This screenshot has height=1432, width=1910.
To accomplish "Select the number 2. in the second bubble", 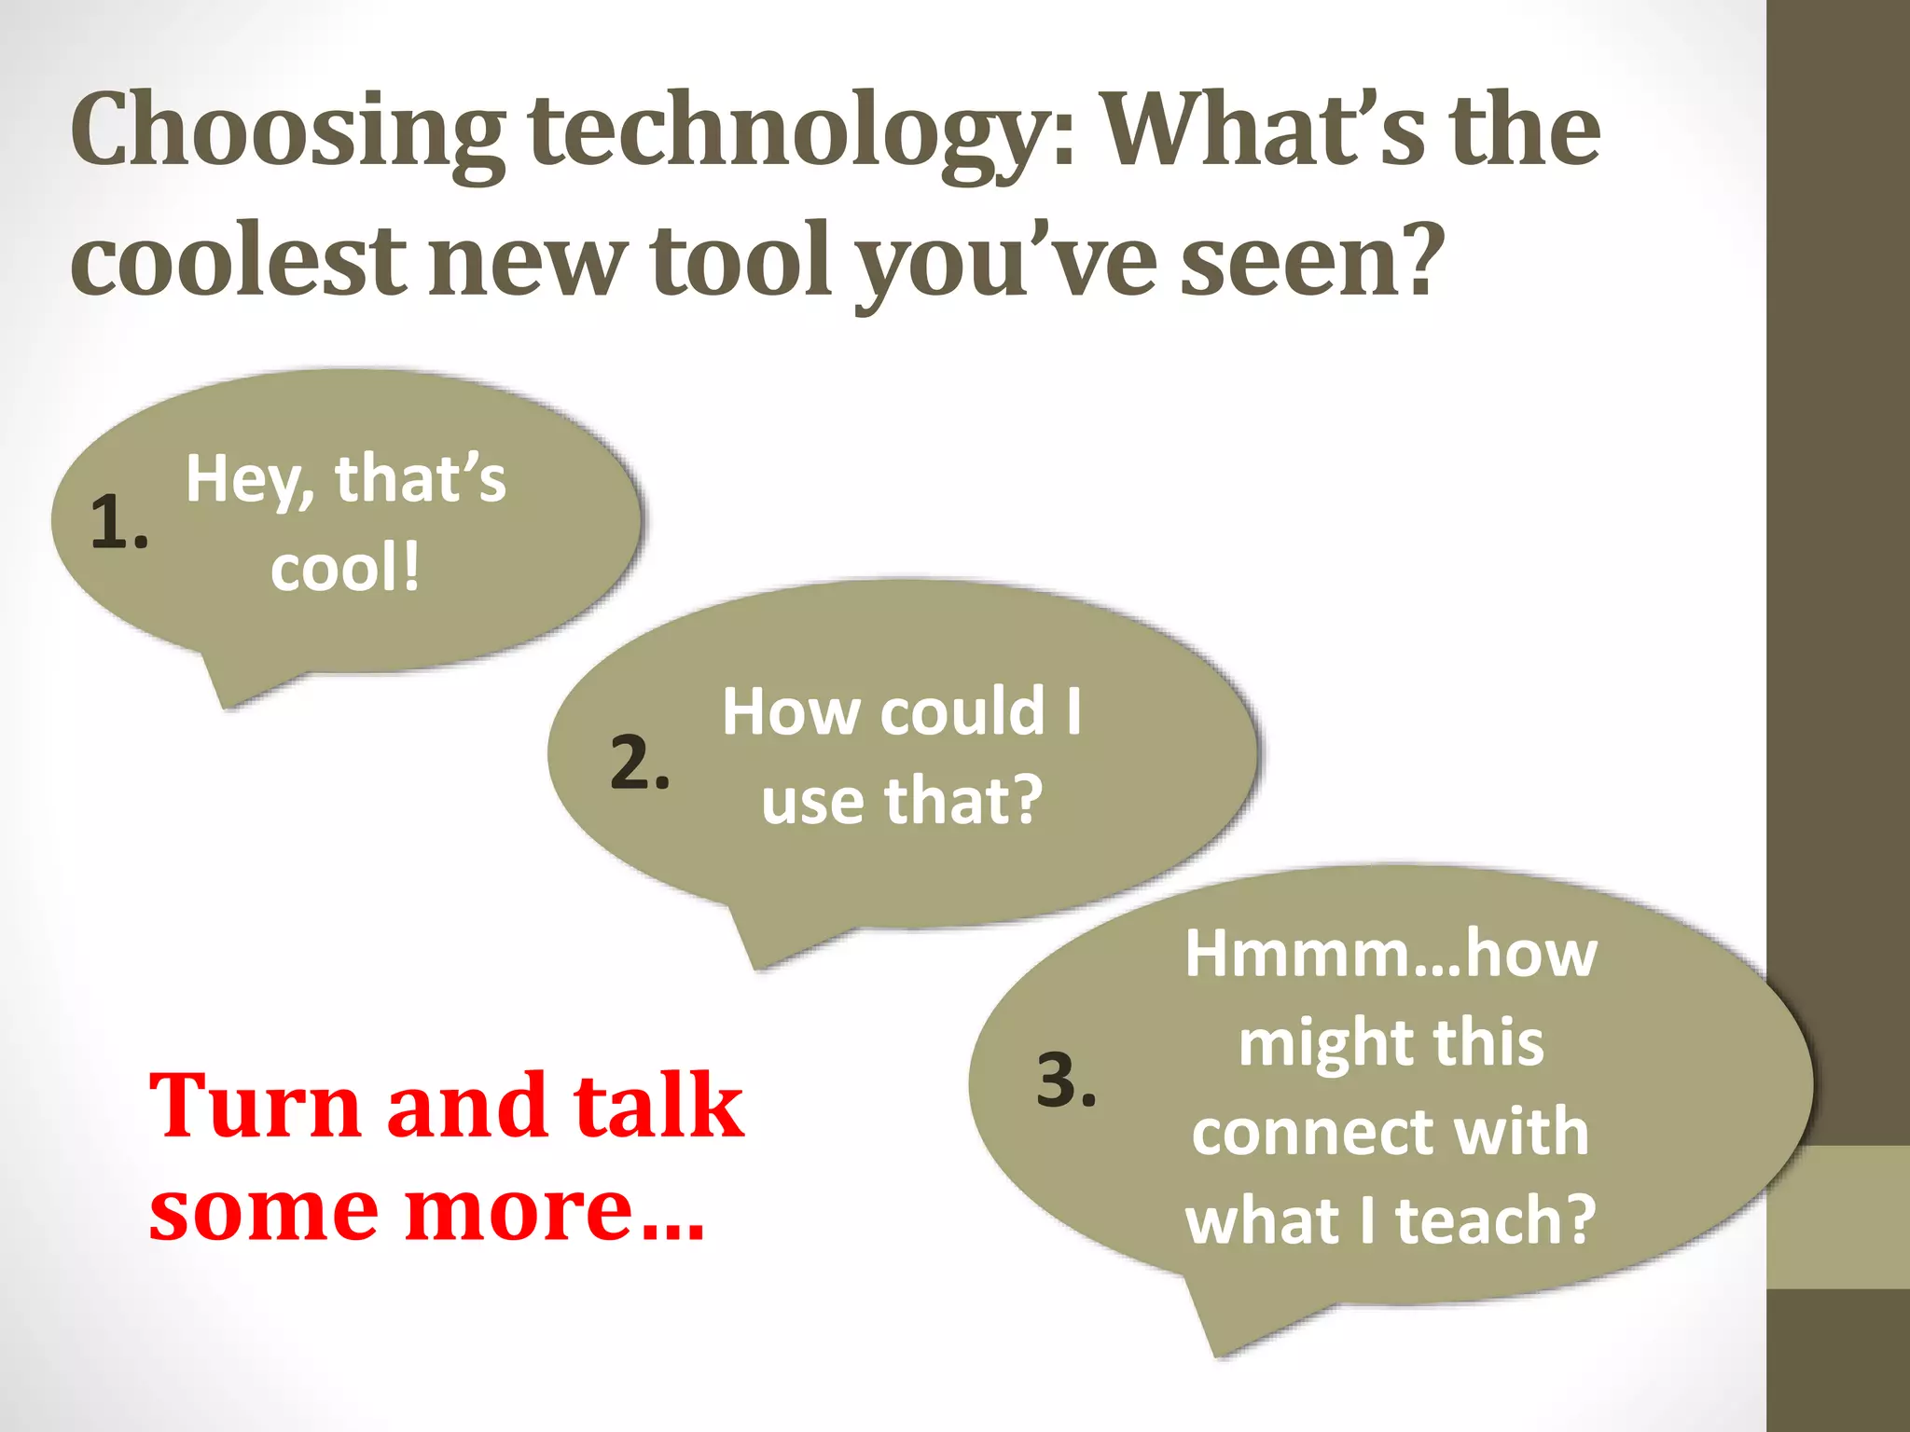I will pyautogui.click(x=640, y=762).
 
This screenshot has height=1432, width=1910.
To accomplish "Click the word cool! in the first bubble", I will pyautogui.click(x=345, y=568).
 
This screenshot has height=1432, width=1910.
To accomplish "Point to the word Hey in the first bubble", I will pyautogui.click(x=244, y=480).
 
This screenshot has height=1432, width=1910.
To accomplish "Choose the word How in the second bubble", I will pyautogui.click(x=791, y=712).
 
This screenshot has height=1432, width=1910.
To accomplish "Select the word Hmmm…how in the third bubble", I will pyautogui.click(x=1391, y=955).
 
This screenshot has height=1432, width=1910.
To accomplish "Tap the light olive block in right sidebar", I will pyautogui.click(x=1838, y=1218).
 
